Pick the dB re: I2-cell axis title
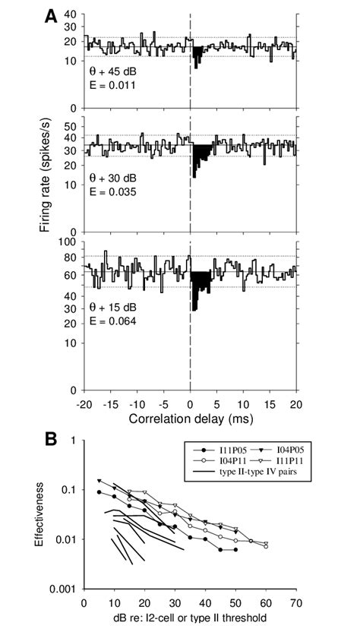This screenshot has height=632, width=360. click(x=190, y=618)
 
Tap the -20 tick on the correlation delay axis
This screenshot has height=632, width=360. click(x=85, y=404)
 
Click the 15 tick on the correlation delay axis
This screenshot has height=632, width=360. click(x=270, y=404)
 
